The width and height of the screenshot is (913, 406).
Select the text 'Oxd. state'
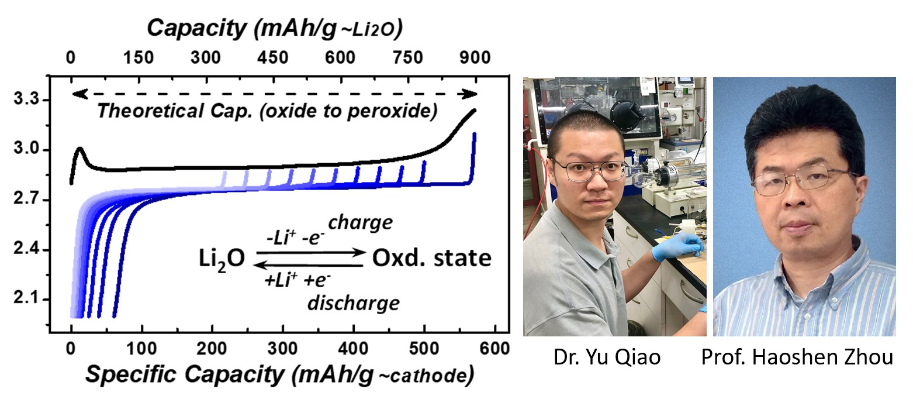tap(429, 258)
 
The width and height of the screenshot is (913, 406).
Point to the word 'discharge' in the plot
tap(362, 303)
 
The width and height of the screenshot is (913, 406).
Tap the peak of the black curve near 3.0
tap(79, 149)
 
